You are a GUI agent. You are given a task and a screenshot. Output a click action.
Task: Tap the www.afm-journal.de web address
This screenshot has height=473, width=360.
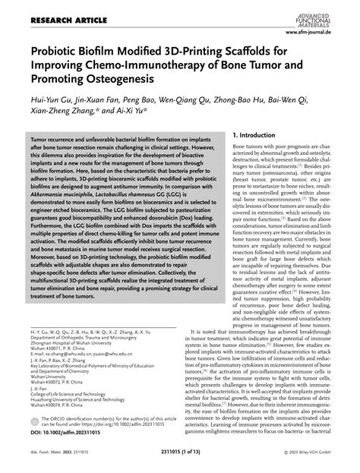click(x=320, y=33)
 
